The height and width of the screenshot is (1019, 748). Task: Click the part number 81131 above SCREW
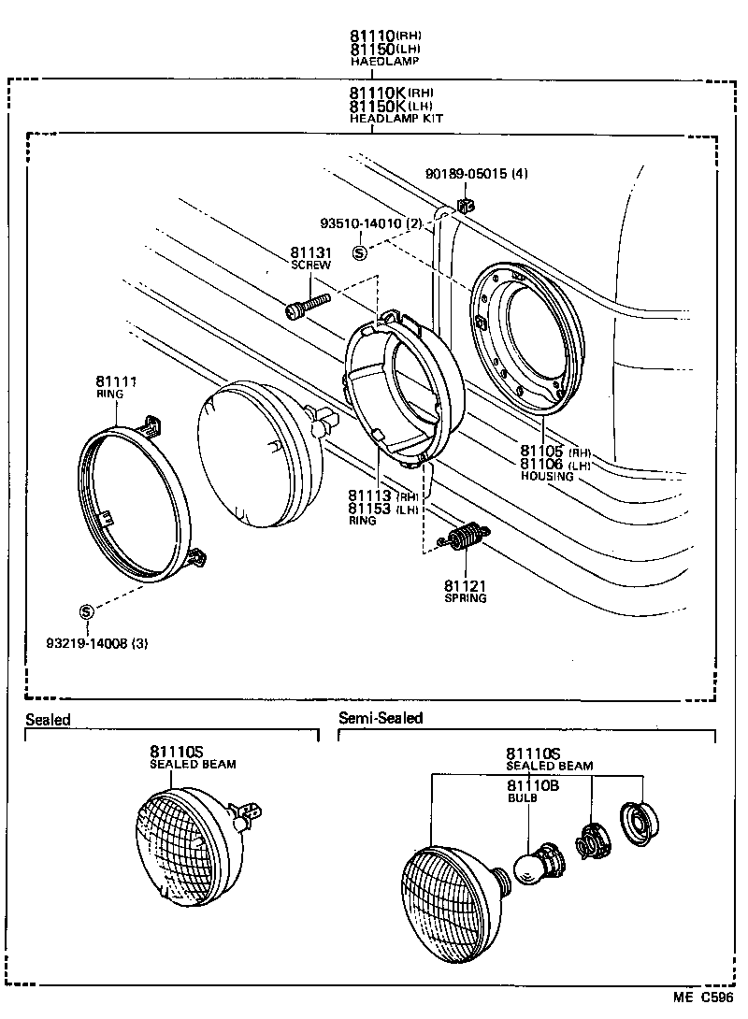(310, 252)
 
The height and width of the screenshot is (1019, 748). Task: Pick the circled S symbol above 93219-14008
(86, 611)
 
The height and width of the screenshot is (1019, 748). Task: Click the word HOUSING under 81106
(547, 476)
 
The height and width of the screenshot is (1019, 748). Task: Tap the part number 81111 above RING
(115, 381)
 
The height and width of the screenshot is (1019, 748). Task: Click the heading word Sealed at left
(48, 719)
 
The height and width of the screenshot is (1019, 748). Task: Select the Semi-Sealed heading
(381, 718)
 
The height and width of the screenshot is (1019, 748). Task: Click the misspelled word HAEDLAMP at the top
(384, 61)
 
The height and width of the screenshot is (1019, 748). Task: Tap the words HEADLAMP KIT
(396, 119)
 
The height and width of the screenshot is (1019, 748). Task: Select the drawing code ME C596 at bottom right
(702, 999)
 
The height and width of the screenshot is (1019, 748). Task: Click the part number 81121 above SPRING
(466, 586)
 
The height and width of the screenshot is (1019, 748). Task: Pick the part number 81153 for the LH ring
(370, 509)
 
